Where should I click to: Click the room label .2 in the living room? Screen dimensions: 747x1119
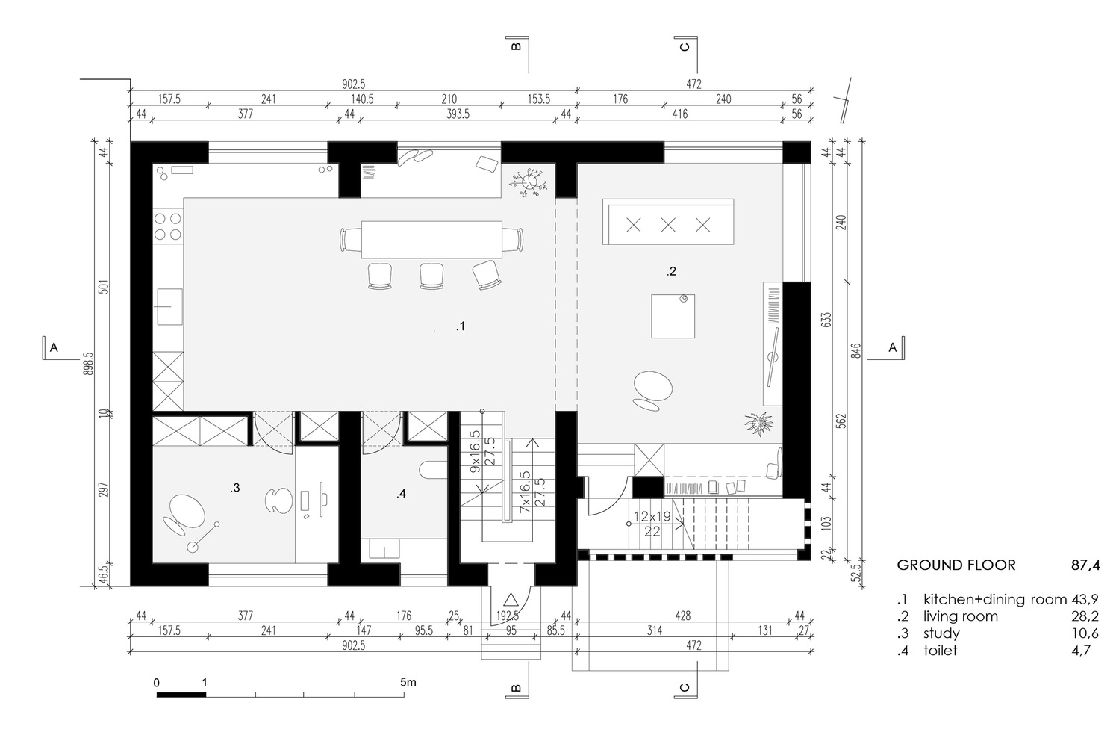coord(671,272)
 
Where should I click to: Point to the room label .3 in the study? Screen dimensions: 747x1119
coord(234,488)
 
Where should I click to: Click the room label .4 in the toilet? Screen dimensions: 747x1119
coord(402,494)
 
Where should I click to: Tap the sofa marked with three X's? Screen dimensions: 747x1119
coord(668,223)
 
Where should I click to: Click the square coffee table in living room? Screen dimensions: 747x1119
coord(673,316)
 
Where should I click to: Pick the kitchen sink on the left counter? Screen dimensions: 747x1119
coord(169,307)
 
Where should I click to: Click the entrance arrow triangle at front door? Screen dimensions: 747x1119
coord(511,599)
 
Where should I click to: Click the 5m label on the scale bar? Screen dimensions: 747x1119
coord(408,682)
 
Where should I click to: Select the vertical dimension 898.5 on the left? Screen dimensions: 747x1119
coord(89,366)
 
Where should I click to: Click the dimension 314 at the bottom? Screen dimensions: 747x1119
coord(654,630)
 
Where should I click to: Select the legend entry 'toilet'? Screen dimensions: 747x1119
coord(940,650)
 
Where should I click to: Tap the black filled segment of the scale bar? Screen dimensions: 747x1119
coord(181,695)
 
